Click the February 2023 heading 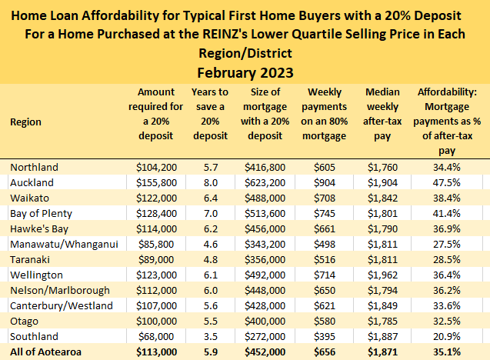coord(245,73)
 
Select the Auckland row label coord(32,182)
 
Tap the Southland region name coord(34,336)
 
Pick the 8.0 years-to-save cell coord(210,182)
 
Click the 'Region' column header coord(26,122)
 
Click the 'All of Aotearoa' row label coord(45,352)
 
